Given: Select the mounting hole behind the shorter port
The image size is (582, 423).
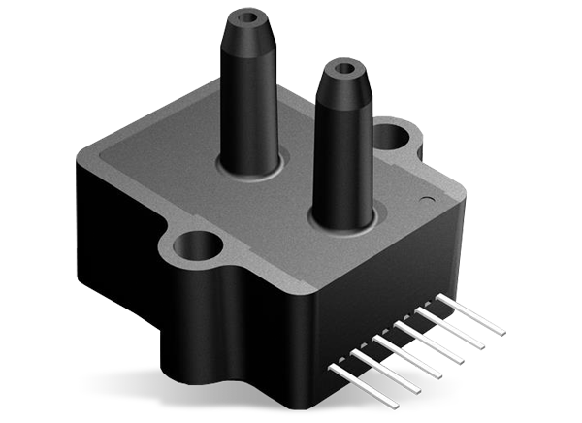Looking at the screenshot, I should pyautogui.click(x=392, y=133).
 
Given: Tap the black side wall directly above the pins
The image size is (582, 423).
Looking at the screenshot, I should pyautogui.click(x=388, y=291).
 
